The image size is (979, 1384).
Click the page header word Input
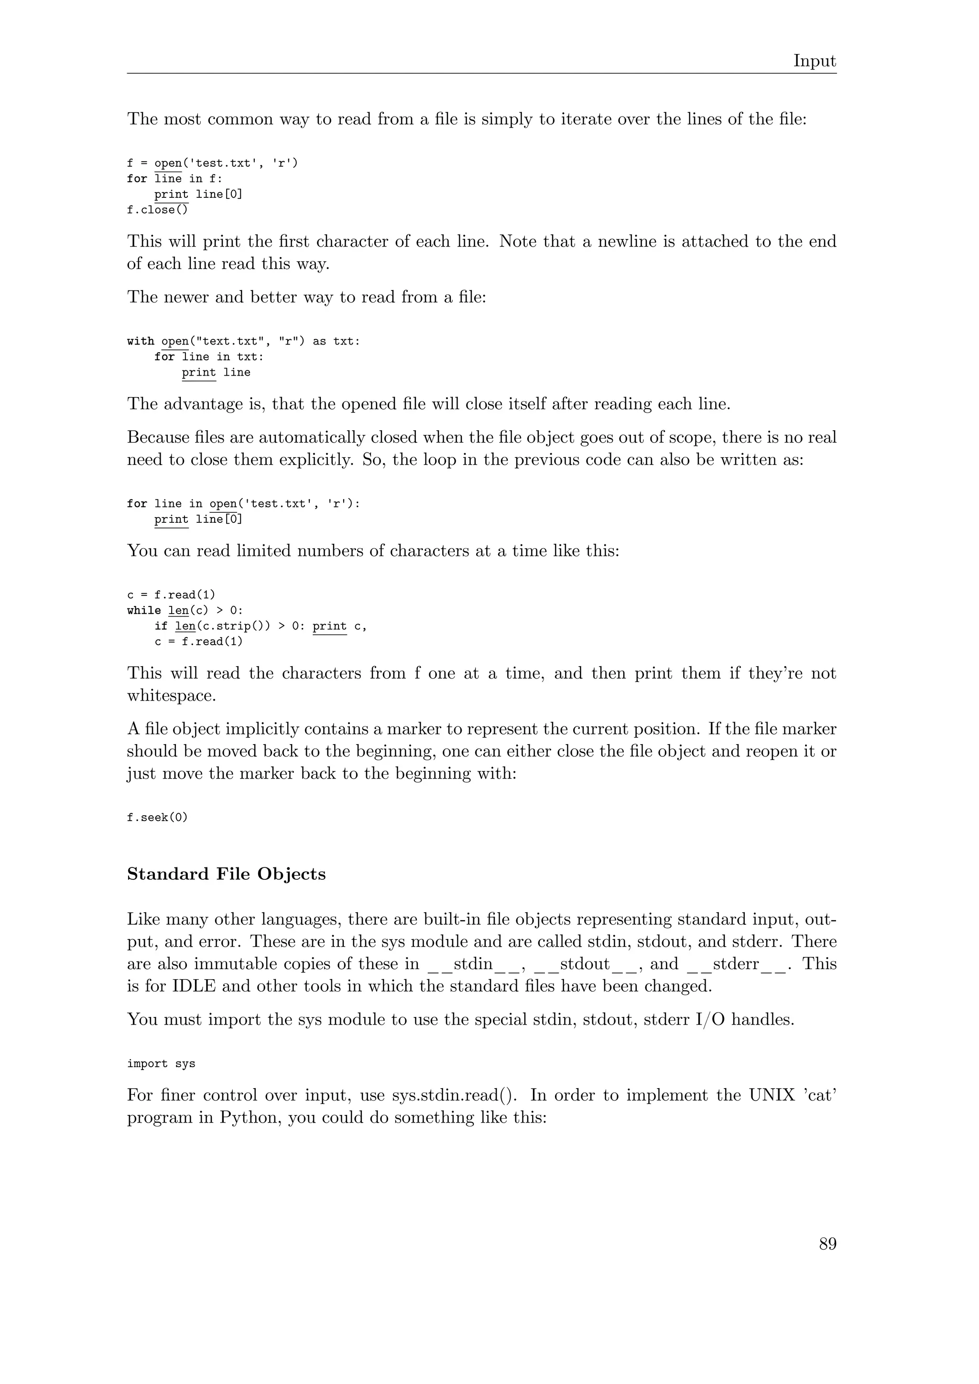(815, 61)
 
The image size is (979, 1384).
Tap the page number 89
(827, 1244)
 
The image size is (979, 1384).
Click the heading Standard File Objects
(226, 874)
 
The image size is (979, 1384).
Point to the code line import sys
(161, 1064)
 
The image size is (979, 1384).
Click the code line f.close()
(157, 210)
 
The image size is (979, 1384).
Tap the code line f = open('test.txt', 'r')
(212, 163)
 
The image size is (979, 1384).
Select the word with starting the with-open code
(141, 341)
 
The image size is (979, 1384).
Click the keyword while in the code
(144, 611)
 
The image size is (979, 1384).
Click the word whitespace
(171, 696)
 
